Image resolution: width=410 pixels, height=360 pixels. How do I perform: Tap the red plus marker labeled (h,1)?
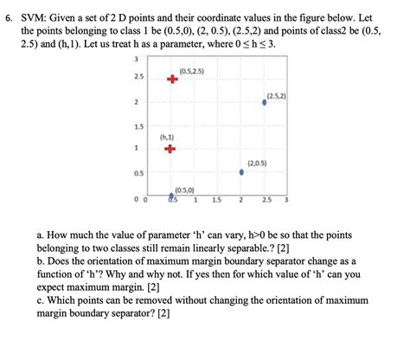pyautogui.click(x=170, y=148)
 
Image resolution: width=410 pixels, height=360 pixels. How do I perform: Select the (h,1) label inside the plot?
pyautogui.click(x=168, y=136)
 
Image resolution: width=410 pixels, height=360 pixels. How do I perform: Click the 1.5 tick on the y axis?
pyautogui.click(x=137, y=126)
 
